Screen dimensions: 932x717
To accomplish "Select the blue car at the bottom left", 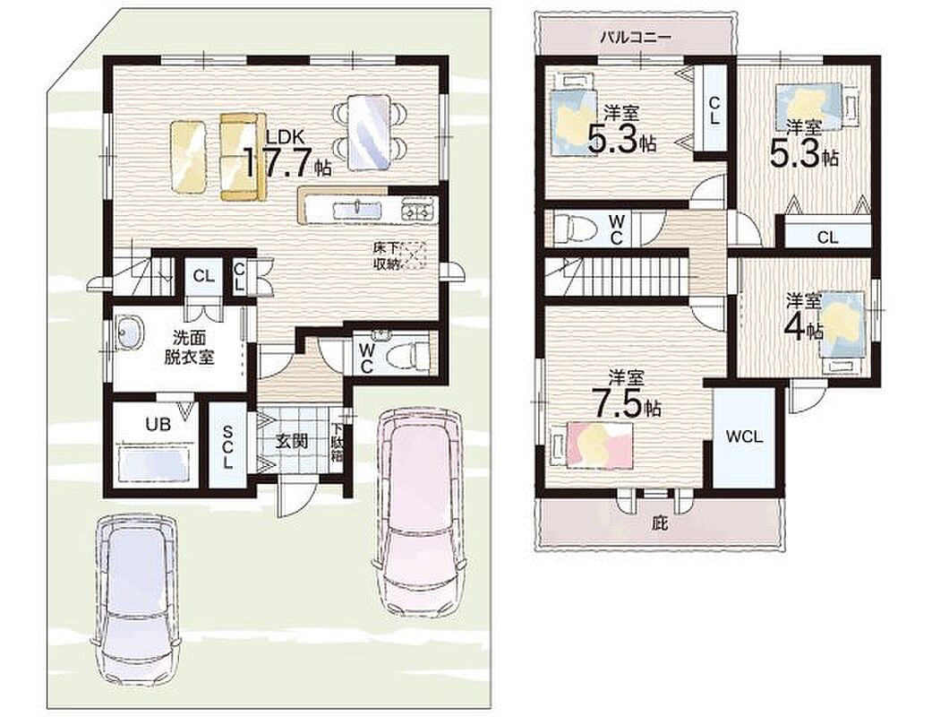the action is tap(136, 602).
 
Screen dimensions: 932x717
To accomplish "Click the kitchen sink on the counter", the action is tap(356, 210).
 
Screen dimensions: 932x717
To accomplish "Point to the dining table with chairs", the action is tap(370, 133).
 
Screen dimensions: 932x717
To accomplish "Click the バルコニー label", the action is tap(636, 38).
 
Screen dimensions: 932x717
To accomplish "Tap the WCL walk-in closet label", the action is tap(744, 437).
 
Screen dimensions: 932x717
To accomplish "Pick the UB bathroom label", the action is tap(158, 424).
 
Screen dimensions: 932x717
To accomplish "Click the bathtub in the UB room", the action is tap(155, 464).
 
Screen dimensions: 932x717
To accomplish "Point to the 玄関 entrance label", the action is tap(291, 441).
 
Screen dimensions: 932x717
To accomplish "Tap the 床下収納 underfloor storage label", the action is tap(386, 255).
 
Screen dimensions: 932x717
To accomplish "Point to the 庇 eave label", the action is tap(660, 523).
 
